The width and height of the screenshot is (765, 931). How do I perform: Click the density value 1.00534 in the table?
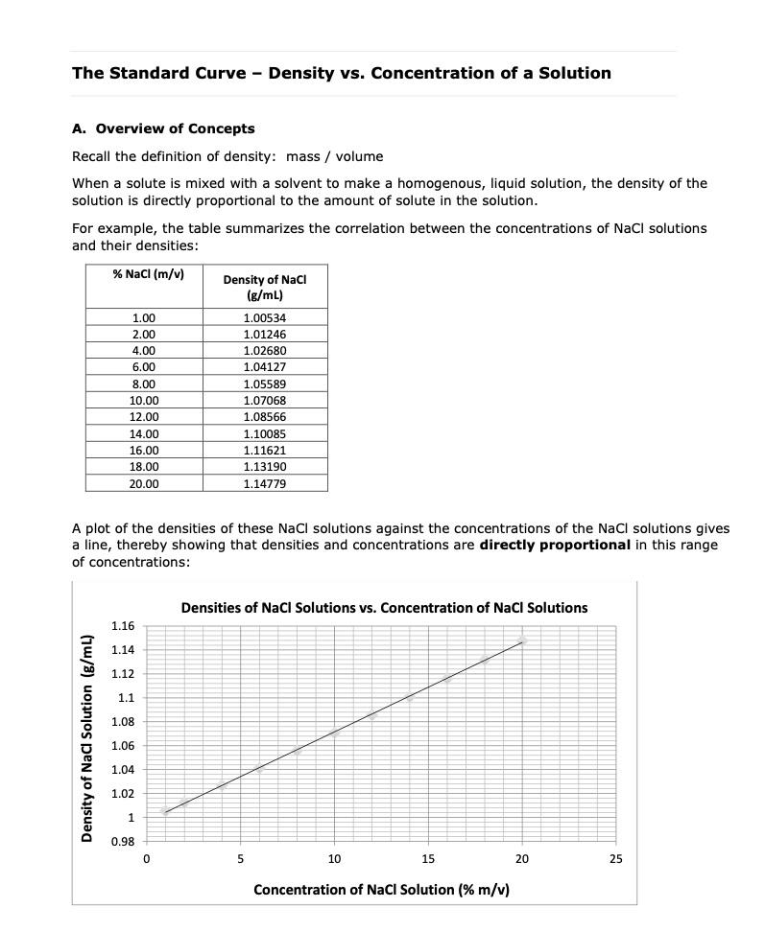point(265,317)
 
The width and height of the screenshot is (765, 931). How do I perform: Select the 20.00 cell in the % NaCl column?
point(144,483)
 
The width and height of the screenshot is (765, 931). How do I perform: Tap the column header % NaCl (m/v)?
point(148,275)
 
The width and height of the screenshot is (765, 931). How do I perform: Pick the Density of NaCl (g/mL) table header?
point(265,287)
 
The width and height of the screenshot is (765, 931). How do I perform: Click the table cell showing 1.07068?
point(265,400)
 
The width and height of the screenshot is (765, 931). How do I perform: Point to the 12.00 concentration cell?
point(144,417)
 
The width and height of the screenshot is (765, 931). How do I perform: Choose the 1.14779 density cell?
point(265,483)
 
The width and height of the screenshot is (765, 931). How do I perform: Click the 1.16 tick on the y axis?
point(122,626)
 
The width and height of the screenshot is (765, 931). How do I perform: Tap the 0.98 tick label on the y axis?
point(122,842)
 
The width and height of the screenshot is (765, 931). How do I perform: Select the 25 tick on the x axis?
point(615,859)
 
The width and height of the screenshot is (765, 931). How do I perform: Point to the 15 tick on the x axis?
point(428,859)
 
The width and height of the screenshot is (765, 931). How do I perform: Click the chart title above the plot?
point(384,608)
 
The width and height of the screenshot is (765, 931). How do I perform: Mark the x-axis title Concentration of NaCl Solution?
point(381,890)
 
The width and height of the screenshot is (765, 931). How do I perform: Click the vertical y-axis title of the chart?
point(86,738)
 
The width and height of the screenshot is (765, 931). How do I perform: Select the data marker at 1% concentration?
point(164,811)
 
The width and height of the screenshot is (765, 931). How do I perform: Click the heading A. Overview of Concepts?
point(163,128)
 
